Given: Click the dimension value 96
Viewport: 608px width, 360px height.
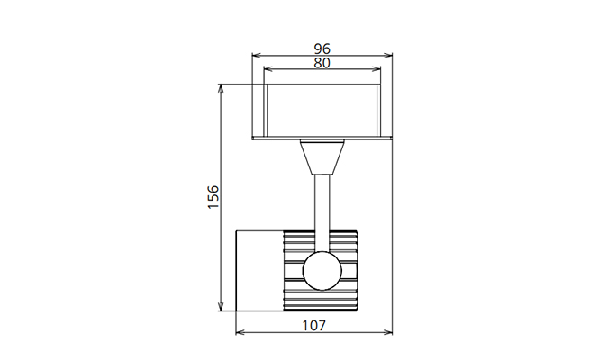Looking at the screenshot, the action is tap(322, 49).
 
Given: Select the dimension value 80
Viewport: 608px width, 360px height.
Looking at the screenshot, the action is tap(322, 63).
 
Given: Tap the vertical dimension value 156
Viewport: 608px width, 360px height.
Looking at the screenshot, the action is tap(213, 197).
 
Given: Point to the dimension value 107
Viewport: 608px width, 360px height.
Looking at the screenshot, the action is tap(314, 326).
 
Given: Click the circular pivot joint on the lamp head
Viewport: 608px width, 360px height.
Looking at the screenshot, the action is tap(322, 271).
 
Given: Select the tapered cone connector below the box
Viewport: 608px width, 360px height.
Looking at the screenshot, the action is tap(322, 157).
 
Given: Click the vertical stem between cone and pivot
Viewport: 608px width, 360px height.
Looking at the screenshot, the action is tap(322, 213).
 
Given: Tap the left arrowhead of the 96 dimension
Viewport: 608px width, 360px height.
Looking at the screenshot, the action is tap(257, 56).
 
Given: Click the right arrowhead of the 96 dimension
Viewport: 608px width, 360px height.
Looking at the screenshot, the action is tap(387, 56).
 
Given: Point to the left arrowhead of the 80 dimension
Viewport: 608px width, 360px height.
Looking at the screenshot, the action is tap(268, 69).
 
